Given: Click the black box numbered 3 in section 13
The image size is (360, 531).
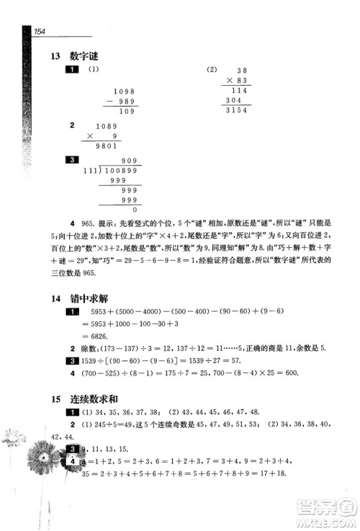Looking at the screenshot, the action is pyautogui.click(x=71, y=160).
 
